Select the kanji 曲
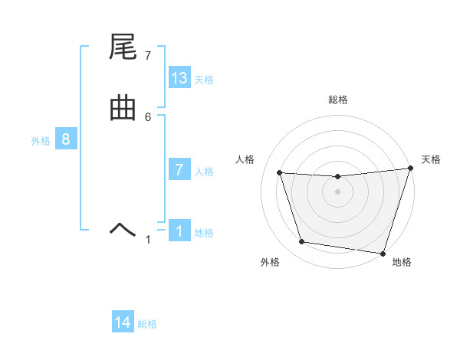(x=123, y=110)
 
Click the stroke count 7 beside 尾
(x=148, y=56)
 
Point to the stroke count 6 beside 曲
(x=148, y=116)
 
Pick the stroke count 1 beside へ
(x=148, y=240)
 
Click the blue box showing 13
(x=179, y=78)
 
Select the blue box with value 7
(x=179, y=170)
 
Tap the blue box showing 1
(x=179, y=231)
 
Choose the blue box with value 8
(x=66, y=139)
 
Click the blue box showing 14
(x=123, y=322)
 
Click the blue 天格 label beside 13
(x=204, y=79)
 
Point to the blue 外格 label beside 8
(x=41, y=140)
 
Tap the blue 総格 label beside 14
(x=147, y=324)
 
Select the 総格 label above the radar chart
(x=338, y=100)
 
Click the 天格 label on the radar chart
(x=432, y=159)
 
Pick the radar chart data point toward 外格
(x=302, y=242)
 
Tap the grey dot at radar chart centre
(x=338, y=192)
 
